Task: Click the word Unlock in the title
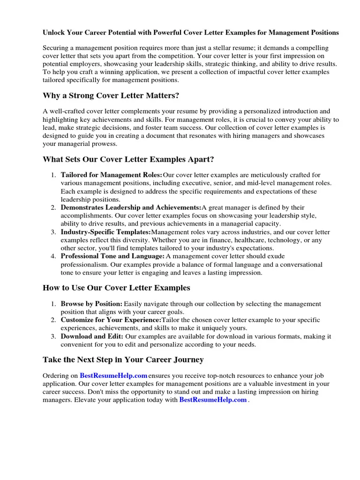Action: point(54,33)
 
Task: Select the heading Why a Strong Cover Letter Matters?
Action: point(111,96)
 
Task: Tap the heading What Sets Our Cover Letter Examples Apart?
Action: point(128,159)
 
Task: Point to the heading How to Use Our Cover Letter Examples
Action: point(116,287)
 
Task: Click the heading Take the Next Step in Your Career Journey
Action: point(123,360)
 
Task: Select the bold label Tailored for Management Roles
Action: point(112,175)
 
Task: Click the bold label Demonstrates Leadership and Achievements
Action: point(131,207)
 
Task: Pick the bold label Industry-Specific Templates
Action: point(106,232)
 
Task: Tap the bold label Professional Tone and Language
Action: point(112,256)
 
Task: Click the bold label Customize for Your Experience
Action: point(111,320)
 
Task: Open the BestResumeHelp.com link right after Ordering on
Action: point(113,376)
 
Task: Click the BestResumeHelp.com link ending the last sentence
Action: point(213,400)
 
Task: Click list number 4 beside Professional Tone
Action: point(54,256)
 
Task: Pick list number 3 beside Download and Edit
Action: point(54,336)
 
